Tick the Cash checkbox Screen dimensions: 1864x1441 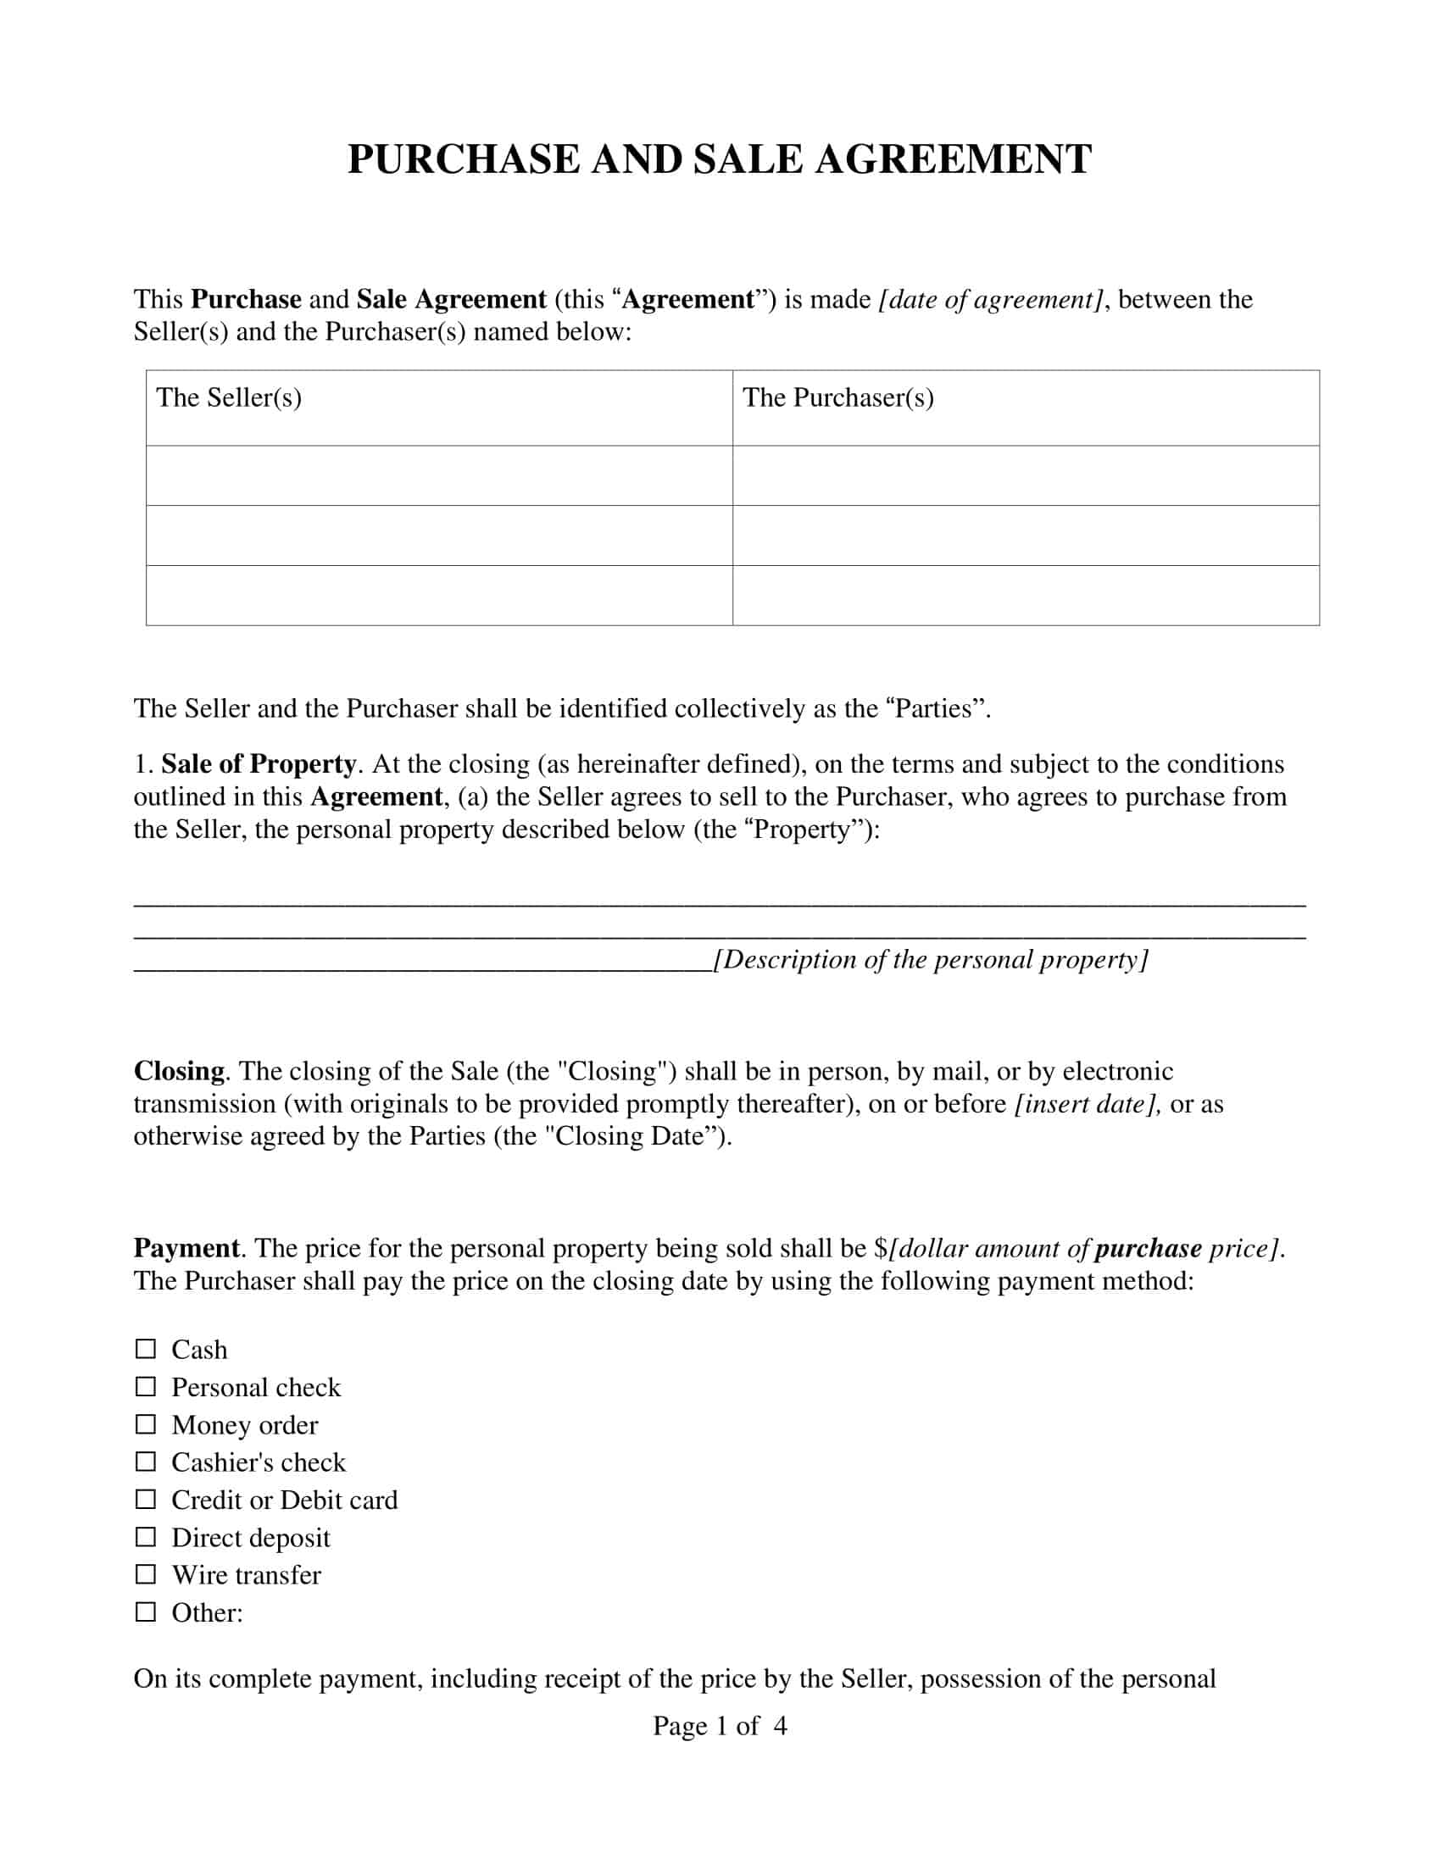tap(146, 1350)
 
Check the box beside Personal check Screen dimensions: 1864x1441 tap(146, 1387)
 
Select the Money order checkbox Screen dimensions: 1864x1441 tap(146, 1424)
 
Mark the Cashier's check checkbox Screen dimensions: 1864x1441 tap(146, 1462)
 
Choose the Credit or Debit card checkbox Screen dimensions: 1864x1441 tap(146, 1500)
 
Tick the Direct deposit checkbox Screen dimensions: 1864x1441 tap(146, 1537)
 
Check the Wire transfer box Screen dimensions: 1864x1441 tap(146, 1575)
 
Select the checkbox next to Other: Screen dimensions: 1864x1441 tap(146, 1612)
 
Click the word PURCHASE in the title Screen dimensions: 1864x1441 tap(463, 159)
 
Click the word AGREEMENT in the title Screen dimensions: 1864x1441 tap(953, 159)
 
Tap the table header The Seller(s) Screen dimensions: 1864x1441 tap(229, 397)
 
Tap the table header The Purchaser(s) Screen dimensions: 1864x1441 tap(837, 397)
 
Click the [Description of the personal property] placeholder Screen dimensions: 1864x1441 tap(931, 959)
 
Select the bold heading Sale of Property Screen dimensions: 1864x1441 tap(259, 764)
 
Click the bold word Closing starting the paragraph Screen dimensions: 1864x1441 tap(179, 1071)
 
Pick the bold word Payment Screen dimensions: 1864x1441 tap(187, 1249)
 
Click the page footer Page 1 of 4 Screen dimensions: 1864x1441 tap(720, 1726)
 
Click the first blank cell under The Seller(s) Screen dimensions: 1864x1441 tap(439, 475)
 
